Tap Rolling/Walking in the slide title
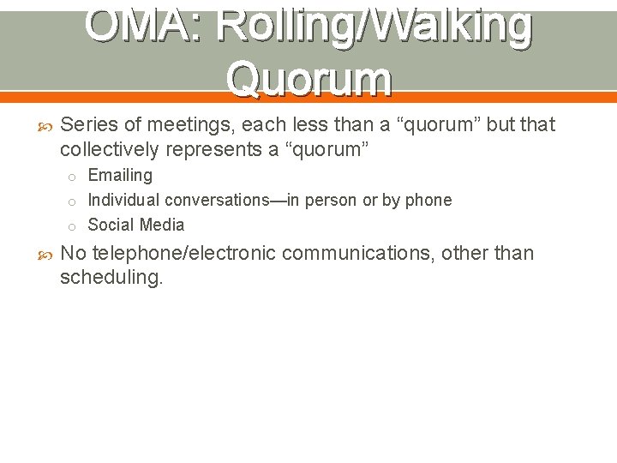374,26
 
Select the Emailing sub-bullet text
120,176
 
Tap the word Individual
124,201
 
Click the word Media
162,225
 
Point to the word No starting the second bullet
73,254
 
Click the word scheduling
111,279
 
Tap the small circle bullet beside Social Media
75,226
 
